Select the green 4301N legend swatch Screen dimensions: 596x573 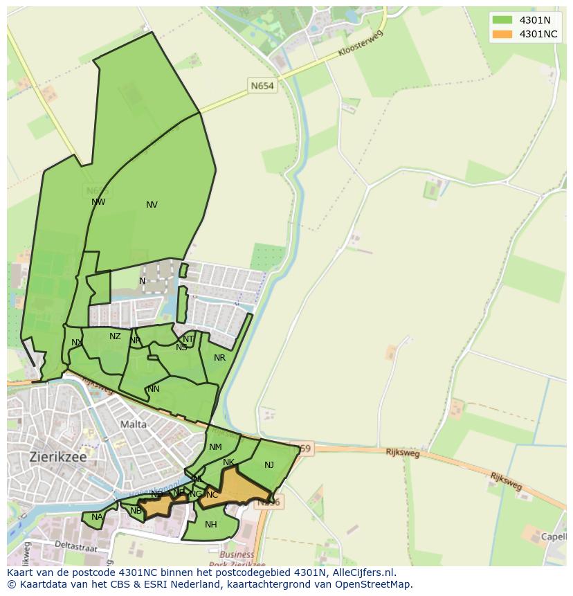pyautogui.click(x=502, y=20)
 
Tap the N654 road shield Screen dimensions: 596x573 pyautogui.click(x=262, y=86)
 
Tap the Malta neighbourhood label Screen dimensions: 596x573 pyautogui.click(x=134, y=424)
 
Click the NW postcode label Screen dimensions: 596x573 pyautogui.click(x=98, y=202)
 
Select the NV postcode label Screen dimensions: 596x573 pyautogui.click(x=152, y=205)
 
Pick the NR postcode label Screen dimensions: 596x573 pyautogui.click(x=219, y=358)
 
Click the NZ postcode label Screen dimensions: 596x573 pyautogui.click(x=115, y=336)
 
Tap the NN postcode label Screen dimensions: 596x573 pyautogui.click(x=154, y=389)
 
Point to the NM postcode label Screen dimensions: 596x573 pyautogui.click(x=215, y=447)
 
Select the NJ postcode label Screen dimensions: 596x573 pyautogui.click(x=269, y=465)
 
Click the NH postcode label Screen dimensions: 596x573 pyautogui.click(x=211, y=524)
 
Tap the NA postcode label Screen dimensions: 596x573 pyautogui.click(x=97, y=516)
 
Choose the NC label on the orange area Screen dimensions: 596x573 pyautogui.click(x=212, y=495)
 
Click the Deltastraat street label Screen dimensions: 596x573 pyautogui.click(x=78, y=546)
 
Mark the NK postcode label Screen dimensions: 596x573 pyautogui.click(x=229, y=462)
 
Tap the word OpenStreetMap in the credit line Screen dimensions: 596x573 pyautogui.click(x=375, y=584)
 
